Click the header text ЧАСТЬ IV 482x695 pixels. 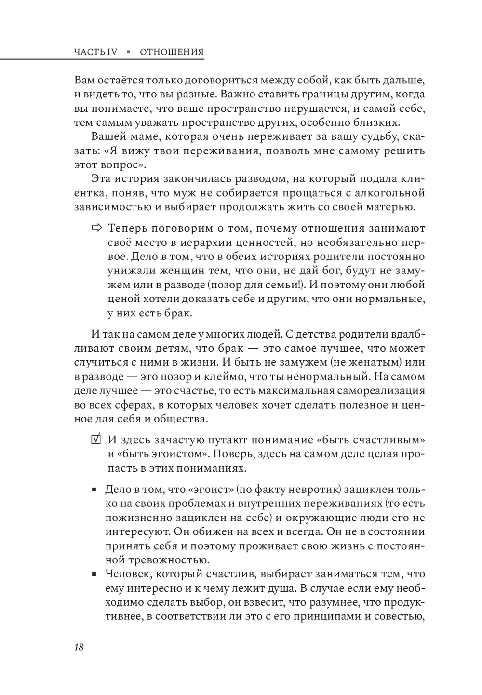pos(96,52)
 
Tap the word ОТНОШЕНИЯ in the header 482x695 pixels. pos(172,52)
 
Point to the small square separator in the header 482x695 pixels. pos(129,52)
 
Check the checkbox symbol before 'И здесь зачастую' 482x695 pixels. pos(96,440)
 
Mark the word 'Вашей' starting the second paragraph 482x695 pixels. pos(106,136)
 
